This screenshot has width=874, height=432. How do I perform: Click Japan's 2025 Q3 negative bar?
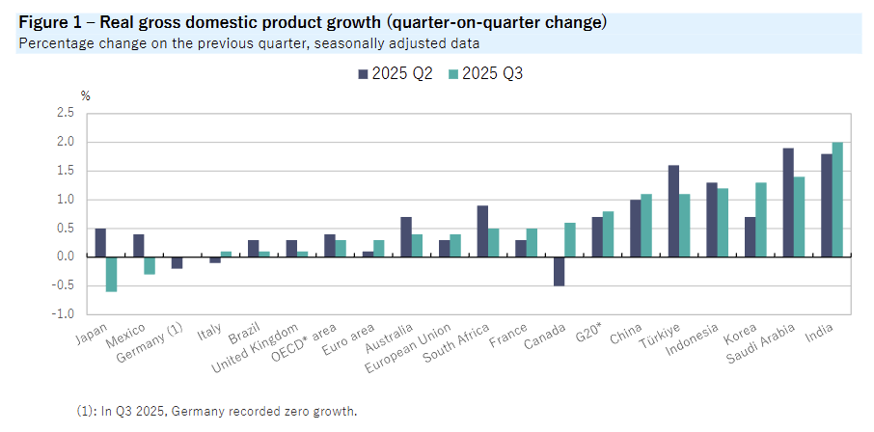[112, 274]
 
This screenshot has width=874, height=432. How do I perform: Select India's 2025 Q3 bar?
[838, 200]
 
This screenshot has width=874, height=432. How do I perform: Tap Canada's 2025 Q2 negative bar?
[560, 271]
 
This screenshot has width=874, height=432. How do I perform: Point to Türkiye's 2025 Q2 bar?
[673, 211]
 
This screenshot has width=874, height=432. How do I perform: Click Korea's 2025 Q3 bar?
[761, 220]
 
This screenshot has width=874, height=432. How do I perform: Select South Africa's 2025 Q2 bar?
[482, 231]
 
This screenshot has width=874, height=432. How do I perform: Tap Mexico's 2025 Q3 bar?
[150, 265]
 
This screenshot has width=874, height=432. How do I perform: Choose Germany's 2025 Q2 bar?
[177, 262]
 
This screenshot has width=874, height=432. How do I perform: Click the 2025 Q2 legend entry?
[396, 73]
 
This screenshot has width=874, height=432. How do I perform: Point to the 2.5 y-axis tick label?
[66, 114]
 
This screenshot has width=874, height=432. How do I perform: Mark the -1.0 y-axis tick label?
[64, 314]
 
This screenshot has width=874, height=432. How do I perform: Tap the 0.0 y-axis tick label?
[66, 257]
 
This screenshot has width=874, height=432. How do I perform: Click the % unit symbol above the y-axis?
[85, 94]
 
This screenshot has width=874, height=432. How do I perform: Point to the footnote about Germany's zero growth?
[217, 411]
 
